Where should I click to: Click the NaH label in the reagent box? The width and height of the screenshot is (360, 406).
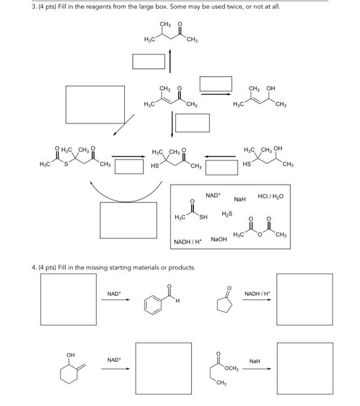click(240, 199)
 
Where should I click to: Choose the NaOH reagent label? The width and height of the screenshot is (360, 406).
click(219, 239)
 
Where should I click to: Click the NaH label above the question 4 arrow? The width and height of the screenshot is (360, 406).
click(255, 361)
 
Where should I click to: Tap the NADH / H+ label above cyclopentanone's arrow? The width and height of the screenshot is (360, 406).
click(256, 293)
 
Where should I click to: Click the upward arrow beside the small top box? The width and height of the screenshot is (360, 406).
click(170, 60)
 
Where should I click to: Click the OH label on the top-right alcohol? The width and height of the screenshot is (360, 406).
click(271, 88)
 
